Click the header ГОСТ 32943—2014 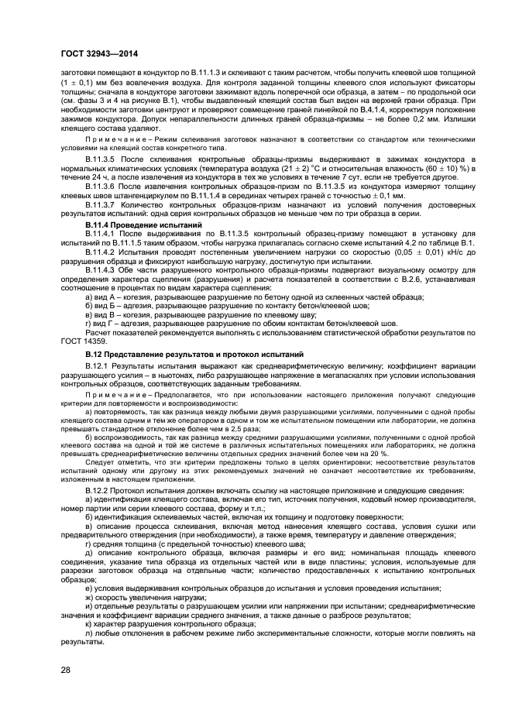pos(93,54)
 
